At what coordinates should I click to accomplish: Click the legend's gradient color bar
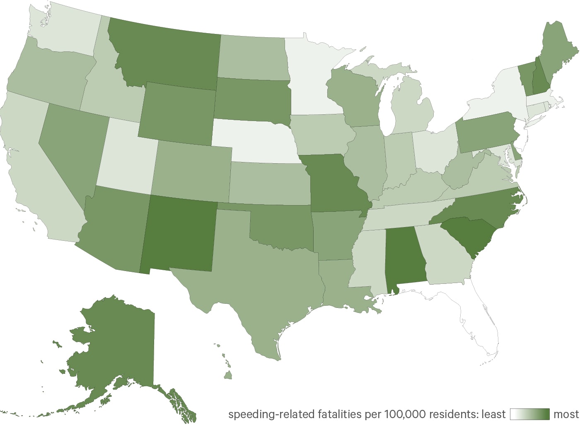530,414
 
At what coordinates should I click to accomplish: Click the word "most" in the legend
566,414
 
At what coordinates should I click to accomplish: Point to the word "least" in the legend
493,414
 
